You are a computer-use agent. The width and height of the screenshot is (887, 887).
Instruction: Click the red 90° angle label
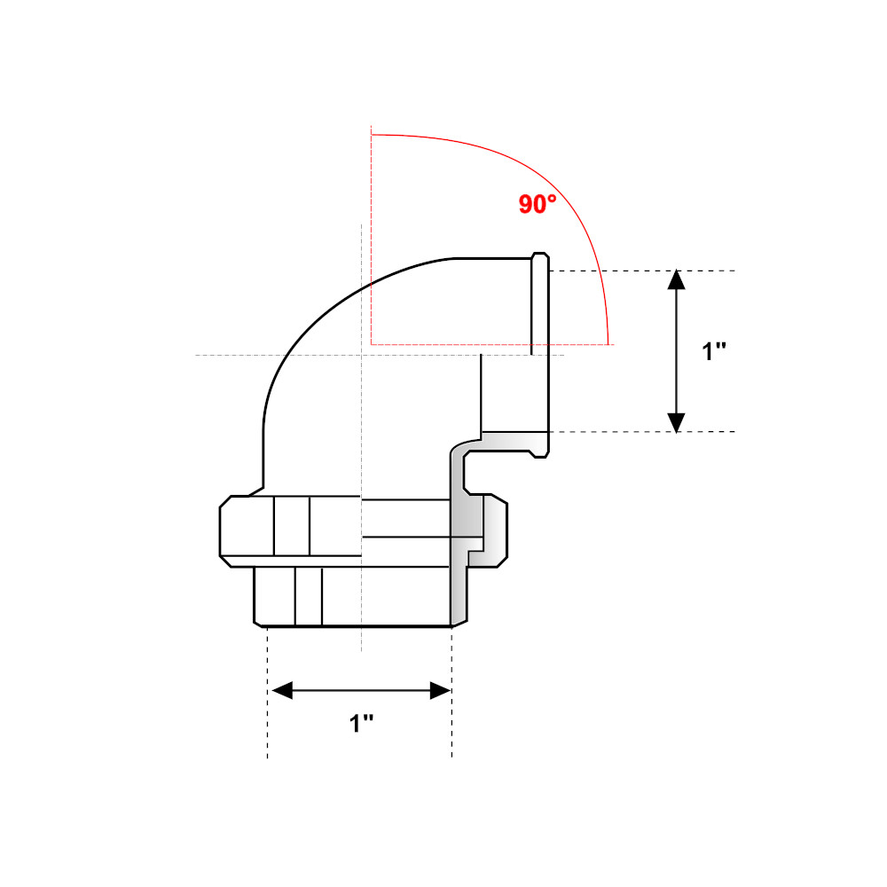(x=538, y=204)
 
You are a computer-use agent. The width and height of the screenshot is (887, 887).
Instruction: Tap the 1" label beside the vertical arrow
(x=714, y=351)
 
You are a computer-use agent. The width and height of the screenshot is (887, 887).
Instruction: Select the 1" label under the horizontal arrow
(x=361, y=723)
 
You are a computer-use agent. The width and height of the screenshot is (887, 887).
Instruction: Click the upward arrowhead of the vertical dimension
(x=677, y=279)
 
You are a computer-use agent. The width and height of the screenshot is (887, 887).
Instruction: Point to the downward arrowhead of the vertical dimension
(x=677, y=422)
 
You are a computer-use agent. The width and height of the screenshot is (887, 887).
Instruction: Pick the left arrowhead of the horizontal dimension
(x=281, y=690)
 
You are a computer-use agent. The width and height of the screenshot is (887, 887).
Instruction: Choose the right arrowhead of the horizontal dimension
(x=440, y=690)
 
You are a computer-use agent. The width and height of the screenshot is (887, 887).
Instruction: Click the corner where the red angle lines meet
(x=372, y=343)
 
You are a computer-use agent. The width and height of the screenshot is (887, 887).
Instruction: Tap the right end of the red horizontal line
(x=608, y=343)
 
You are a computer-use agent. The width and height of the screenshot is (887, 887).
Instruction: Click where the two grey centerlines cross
(x=360, y=356)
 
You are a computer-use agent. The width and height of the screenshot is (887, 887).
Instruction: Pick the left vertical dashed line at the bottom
(x=268, y=710)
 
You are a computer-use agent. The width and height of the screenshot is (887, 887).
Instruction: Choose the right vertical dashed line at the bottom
(x=452, y=710)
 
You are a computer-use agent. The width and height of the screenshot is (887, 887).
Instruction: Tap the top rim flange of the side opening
(x=540, y=257)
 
